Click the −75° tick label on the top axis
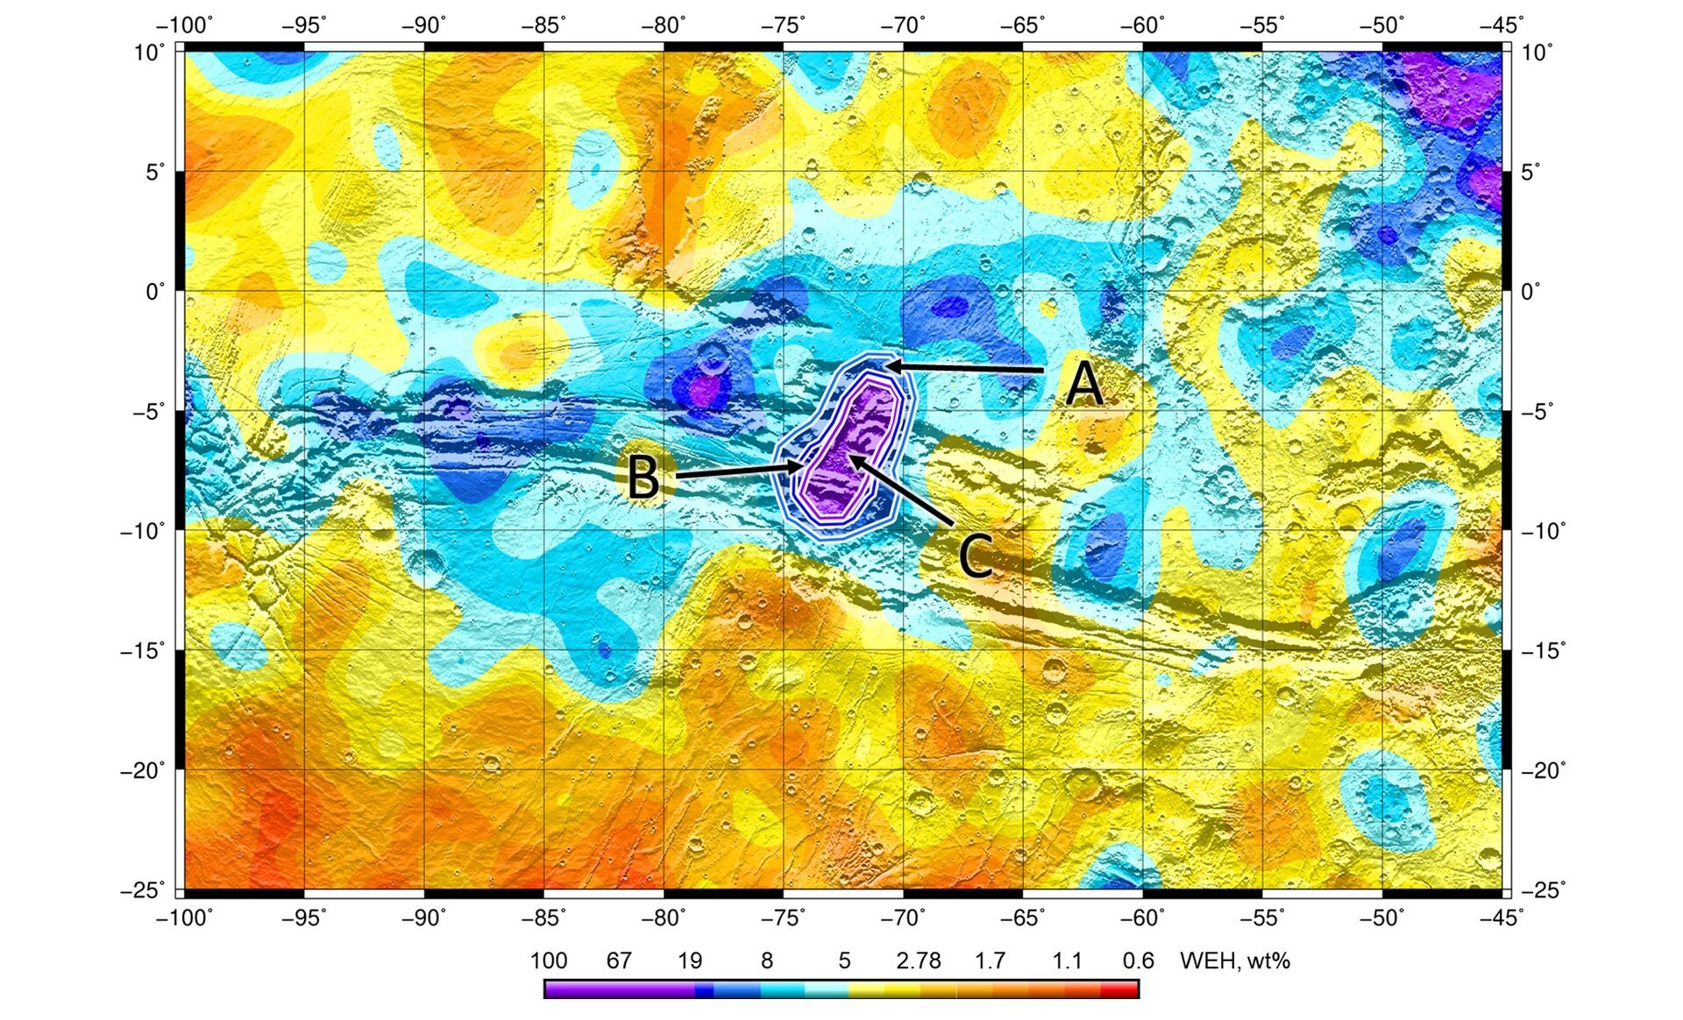(x=783, y=25)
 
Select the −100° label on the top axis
(x=184, y=25)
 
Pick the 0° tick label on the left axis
(x=154, y=291)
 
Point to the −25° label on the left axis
(x=143, y=890)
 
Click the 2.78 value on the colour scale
(x=918, y=961)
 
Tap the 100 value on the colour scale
(x=549, y=961)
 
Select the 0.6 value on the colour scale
(x=1138, y=961)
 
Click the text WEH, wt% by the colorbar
(x=1235, y=961)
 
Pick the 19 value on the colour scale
(x=690, y=961)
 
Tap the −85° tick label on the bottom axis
(x=543, y=917)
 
